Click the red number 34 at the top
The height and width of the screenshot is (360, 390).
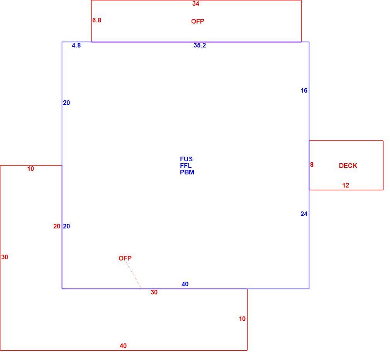[196, 4]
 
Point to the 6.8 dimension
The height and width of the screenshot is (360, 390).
[97, 20]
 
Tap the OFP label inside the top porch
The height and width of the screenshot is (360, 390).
[198, 21]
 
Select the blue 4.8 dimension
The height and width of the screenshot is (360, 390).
[76, 45]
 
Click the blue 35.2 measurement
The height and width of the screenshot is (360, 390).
[200, 45]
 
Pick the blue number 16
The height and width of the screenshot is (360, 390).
[304, 91]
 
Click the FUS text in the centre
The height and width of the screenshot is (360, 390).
[186, 159]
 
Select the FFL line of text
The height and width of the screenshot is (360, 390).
[186, 166]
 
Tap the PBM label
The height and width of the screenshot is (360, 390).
[187, 172]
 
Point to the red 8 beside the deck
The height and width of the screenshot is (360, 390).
[312, 165]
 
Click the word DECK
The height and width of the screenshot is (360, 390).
[348, 166]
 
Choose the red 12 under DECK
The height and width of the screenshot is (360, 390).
[346, 185]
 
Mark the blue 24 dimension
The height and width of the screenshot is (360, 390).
[304, 214]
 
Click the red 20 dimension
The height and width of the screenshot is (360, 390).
[57, 226]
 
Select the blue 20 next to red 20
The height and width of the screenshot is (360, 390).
[66, 226]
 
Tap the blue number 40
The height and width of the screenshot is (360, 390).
[185, 284]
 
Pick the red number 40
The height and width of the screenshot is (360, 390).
[123, 346]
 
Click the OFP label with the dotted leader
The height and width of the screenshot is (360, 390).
[125, 258]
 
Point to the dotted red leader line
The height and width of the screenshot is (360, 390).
[134, 275]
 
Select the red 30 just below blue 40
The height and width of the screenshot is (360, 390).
[154, 292]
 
